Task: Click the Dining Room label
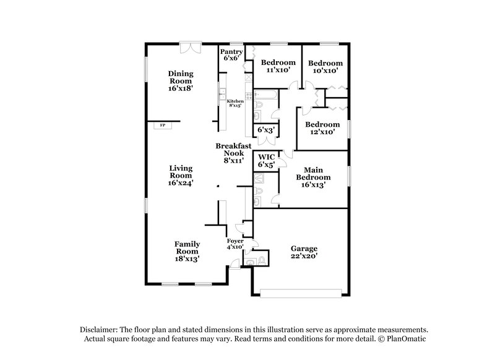click(181, 81)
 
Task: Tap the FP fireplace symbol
click(162, 125)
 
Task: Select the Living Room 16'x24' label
click(181, 176)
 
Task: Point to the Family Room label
click(186, 252)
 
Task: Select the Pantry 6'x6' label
click(231, 55)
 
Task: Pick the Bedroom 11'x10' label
click(277, 66)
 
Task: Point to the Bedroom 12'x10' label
click(323, 128)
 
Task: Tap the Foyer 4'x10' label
click(235, 244)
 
